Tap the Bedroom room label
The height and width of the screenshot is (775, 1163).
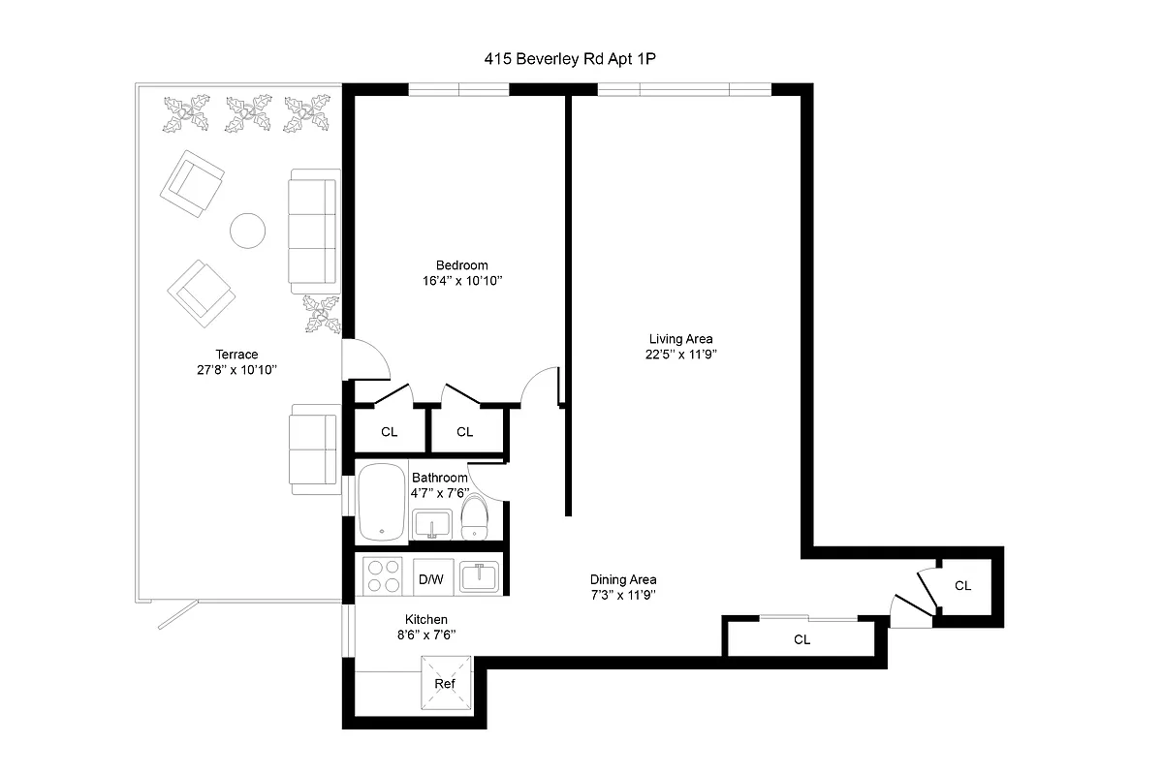pos(461,265)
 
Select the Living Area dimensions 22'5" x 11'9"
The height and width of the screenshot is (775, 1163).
pos(680,355)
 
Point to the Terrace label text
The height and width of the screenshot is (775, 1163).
pos(236,355)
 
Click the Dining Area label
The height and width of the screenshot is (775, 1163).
pos(623,579)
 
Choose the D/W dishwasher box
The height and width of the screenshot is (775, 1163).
pos(430,579)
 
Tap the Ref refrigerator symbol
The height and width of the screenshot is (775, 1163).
pos(445,684)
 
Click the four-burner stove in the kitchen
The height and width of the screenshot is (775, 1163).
pos(382,575)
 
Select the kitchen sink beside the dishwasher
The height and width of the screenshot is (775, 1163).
pos(478,576)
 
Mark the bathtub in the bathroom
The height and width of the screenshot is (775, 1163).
pos(382,503)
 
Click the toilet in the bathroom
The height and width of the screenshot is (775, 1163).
pos(474,517)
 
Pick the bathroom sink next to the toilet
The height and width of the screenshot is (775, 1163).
pos(431,524)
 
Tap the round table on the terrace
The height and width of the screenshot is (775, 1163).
pos(247,231)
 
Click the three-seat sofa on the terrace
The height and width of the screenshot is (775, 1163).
pos(313,231)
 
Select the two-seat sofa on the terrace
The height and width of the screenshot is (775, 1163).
pos(313,449)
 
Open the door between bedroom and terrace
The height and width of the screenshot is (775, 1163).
pos(366,360)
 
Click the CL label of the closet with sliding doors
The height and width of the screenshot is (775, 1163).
pos(802,640)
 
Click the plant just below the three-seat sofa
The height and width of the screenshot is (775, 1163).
pos(320,315)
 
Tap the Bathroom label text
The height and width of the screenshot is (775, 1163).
pos(440,478)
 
